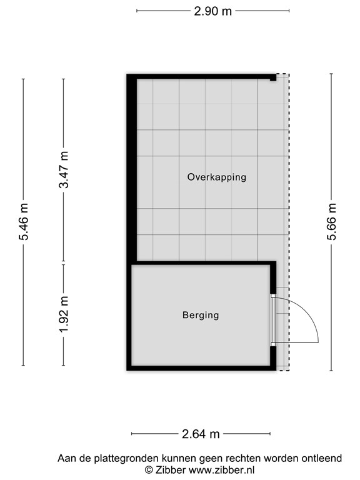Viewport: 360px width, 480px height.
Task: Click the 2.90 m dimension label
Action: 212,11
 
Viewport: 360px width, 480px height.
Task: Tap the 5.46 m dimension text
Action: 24,222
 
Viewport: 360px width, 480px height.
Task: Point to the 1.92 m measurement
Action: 63,315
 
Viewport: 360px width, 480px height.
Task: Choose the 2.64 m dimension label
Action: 201,434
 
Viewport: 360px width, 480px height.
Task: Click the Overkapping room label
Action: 216,177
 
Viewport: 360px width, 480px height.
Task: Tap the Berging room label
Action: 201,315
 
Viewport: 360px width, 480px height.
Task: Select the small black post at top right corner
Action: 273,79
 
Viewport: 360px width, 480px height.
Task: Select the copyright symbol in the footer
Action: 149,469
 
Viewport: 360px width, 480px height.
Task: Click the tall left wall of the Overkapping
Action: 132,169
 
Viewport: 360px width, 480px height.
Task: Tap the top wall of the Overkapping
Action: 200,76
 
